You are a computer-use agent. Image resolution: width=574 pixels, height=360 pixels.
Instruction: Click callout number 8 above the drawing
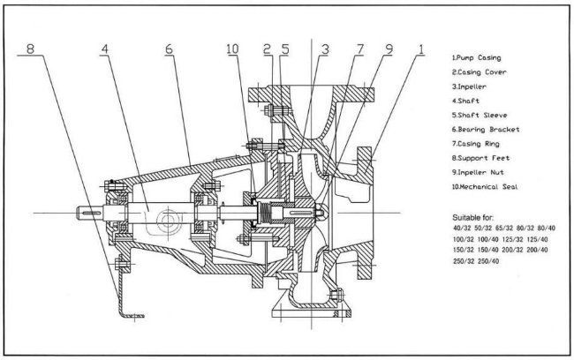(x=31, y=49)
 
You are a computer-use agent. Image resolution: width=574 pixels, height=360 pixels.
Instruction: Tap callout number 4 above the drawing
(x=105, y=49)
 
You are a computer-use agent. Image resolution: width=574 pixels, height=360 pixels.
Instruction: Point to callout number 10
(x=232, y=49)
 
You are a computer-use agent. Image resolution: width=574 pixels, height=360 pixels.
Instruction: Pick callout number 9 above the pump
(x=390, y=49)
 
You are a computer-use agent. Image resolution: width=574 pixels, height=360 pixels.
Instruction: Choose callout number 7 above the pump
(x=359, y=49)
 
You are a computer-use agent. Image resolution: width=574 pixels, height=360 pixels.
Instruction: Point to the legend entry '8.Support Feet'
(x=478, y=159)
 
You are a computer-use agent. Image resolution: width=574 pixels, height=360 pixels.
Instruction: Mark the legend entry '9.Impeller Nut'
(x=478, y=174)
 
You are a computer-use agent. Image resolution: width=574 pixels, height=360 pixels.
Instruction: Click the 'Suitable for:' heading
(x=474, y=214)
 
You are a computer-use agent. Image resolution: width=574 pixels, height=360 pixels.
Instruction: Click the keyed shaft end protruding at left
(x=90, y=212)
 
